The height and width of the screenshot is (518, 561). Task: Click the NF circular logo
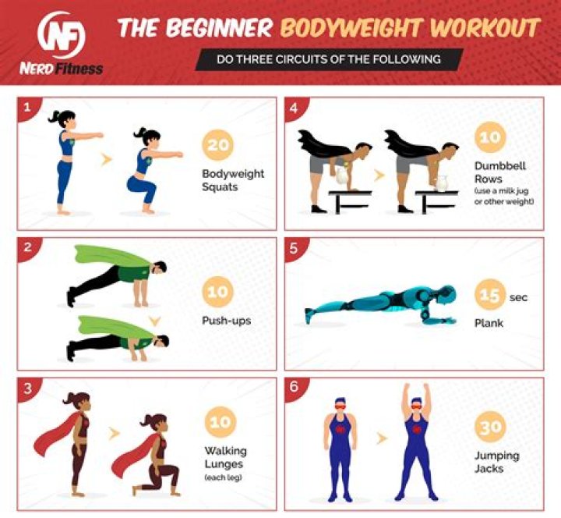(x=61, y=35)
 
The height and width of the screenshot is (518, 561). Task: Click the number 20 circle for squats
(x=218, y=145)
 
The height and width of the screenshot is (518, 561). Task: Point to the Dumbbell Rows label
(x=490, y=172)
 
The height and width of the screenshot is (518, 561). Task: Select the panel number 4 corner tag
(x=294, y=107)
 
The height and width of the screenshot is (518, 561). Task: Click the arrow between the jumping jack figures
(x=381, y=438)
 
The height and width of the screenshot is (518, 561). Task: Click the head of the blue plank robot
(x=445, y=295)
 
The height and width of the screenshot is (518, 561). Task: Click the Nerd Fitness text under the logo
(x=61, y=69)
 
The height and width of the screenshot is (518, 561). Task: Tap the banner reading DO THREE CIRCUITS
(x=328, y=59)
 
